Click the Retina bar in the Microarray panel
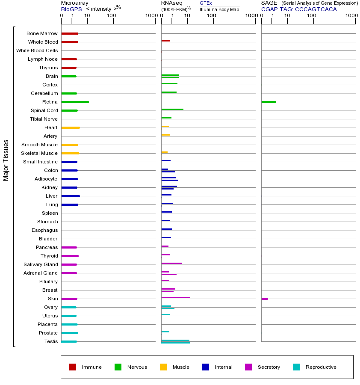[75, 102]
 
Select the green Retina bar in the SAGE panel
[269, 102]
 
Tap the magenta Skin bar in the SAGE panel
[265, 299]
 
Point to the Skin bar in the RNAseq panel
[176, 297]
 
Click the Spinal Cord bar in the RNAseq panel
[172, 109]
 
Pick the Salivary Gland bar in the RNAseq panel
[171, 263]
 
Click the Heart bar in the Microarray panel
[71, 127]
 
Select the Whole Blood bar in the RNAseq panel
[165, 41]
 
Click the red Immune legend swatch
[73, 367]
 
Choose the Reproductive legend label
[321, 367]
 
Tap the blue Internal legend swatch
[206, 367]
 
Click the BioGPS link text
[71, 9]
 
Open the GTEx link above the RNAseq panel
[206, 3]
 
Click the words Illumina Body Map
[219, 9]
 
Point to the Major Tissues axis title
[6, 160]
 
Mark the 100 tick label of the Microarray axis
[111, 16]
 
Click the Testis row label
[51, 341]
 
